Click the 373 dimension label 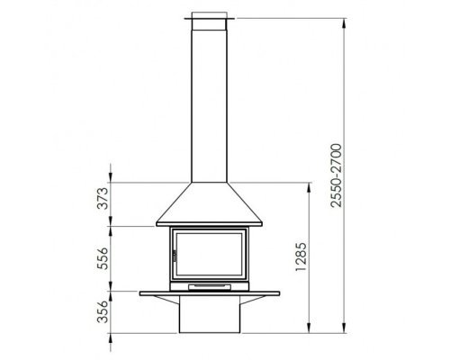103,198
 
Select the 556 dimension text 103,258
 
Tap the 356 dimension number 103,311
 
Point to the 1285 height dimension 301,256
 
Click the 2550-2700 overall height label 336,175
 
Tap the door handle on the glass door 175,256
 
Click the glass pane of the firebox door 209,254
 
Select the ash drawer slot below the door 210,287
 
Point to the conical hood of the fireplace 209,202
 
